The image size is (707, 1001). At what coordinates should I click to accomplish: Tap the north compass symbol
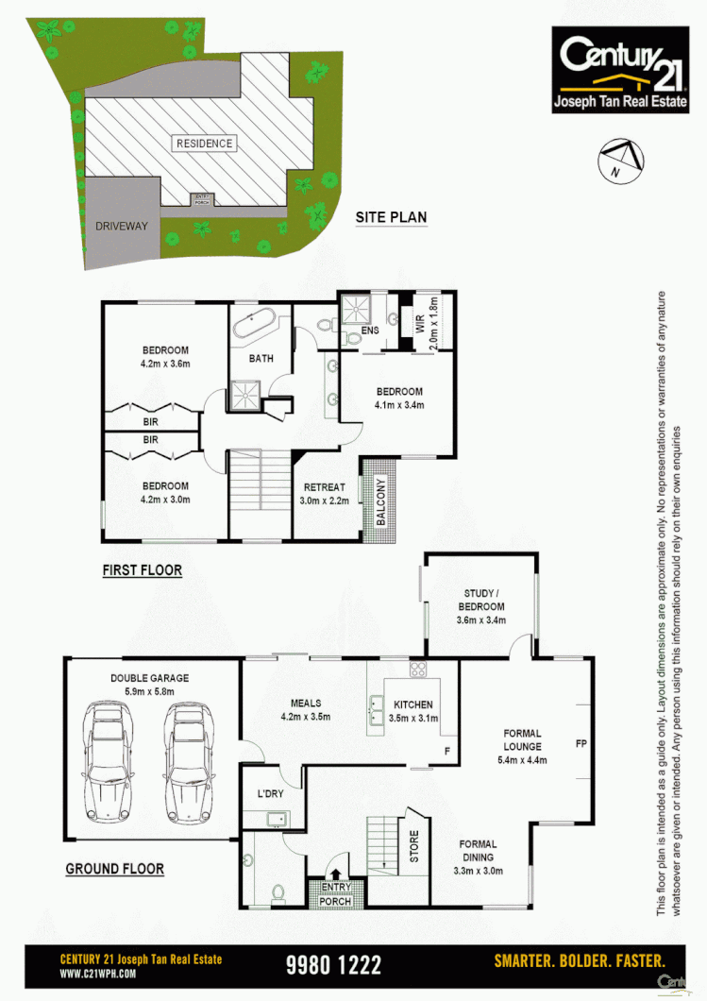620,160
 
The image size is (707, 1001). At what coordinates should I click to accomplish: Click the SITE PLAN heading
391,218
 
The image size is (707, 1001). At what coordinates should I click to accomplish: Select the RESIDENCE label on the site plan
203,144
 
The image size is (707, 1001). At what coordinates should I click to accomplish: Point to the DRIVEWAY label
122,227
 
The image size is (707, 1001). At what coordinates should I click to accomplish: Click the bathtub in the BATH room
256,326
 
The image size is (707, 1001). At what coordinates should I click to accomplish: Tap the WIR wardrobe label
419,319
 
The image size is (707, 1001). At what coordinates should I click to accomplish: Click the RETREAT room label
325,487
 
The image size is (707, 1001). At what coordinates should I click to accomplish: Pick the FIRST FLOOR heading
142,570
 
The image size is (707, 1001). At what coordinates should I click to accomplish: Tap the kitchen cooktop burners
417,670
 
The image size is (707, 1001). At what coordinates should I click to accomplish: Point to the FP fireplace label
581,744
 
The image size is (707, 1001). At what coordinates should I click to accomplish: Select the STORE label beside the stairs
413,846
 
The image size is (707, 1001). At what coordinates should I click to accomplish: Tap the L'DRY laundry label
269,794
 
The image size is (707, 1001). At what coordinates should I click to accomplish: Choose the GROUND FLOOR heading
114,869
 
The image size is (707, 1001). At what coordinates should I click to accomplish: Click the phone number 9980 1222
333,964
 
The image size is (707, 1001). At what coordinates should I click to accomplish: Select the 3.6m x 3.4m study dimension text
480,620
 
